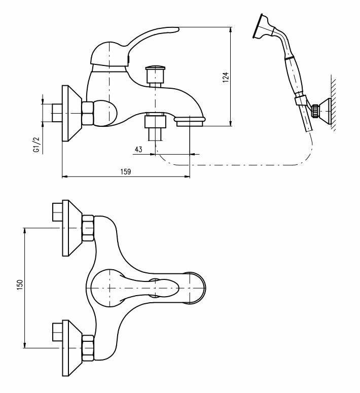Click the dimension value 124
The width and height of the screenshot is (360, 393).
point(227,76)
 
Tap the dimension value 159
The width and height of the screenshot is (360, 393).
point(126,171)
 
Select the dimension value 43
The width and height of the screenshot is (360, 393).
point(138,149)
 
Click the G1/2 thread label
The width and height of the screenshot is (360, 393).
point(36,144)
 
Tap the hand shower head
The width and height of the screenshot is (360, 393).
point(264,27)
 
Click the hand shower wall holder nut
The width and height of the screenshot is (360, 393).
point(316,110)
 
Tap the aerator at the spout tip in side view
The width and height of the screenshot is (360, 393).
point(190,120)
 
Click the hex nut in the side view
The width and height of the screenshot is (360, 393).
point(88,113)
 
